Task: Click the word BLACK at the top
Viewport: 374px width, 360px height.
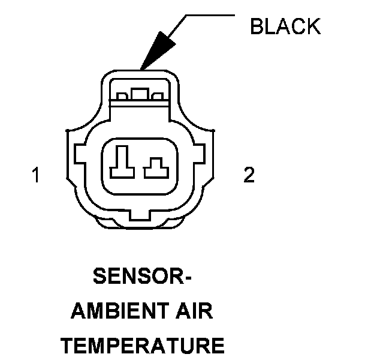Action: coord(285,26)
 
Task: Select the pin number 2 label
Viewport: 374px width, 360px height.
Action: coord(248,175)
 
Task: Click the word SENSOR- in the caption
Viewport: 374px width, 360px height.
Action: coord(143,278)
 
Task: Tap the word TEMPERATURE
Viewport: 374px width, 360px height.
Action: coord(143,346)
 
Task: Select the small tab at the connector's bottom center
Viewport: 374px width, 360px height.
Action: coord(141,214)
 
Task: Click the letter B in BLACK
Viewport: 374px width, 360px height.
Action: coord(255,26)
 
